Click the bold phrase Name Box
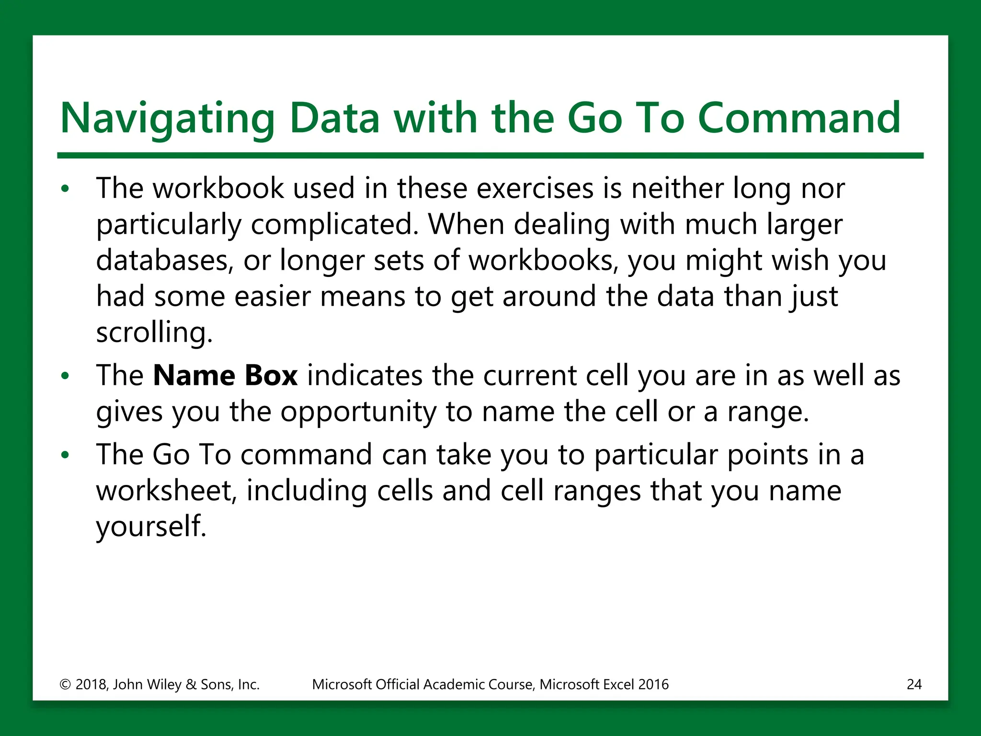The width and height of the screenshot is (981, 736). click(x=225, y=375)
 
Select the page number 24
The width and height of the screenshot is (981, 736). click(x=914, y=684)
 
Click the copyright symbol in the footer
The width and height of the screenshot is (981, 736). click(x=65, y=684)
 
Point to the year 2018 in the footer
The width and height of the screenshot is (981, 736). click(x=91, y=684)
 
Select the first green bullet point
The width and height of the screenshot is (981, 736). click(x=66, y=189)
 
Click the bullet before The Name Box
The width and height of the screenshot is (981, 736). click(x=66, y=376)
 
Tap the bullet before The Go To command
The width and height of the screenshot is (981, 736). click(x=66, y=455)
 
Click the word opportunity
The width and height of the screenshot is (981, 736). click(x=358, y=412)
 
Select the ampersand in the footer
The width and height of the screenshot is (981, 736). click(x=191, y=684)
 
